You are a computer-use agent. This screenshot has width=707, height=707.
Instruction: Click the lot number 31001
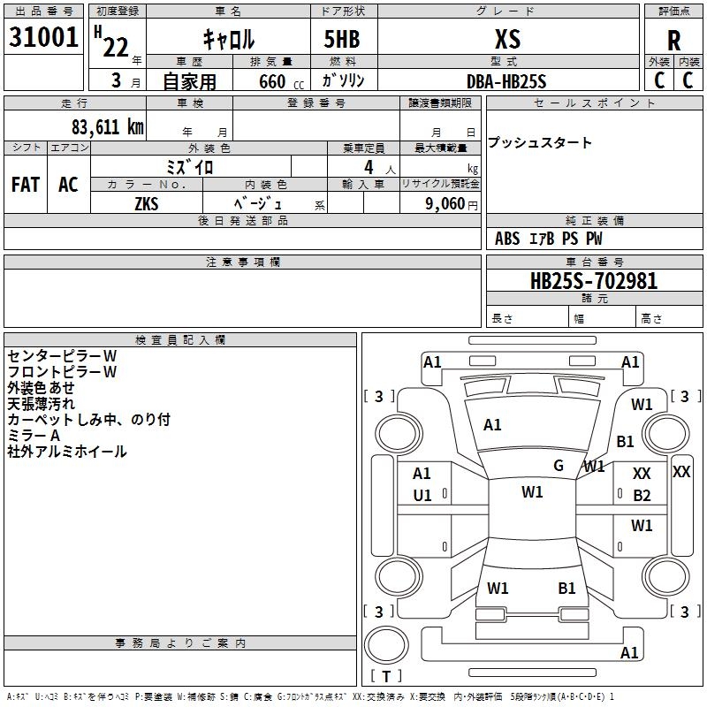click(43, 37)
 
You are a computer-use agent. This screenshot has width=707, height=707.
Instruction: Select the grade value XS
click(508, 39)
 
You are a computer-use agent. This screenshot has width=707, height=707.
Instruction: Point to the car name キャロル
click(228, 39)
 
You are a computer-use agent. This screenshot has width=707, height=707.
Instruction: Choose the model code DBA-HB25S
click(507, 81)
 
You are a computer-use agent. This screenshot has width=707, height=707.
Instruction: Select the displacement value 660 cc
click(273, 81)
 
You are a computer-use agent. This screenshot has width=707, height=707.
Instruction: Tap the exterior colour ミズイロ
click(190, 166)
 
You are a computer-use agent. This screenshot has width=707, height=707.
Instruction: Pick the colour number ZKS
click(147, 203)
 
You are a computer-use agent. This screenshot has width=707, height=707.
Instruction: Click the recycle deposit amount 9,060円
click(451, 203)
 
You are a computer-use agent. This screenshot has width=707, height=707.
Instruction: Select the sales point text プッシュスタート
click(540, 143)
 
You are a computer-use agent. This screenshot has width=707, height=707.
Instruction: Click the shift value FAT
click(26, 185)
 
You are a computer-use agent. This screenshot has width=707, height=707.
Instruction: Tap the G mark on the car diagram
click(559, 466)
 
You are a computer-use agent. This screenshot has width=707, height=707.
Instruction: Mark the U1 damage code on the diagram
click(422, 496)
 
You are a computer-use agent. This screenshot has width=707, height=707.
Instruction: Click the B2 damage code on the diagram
click(642, 496)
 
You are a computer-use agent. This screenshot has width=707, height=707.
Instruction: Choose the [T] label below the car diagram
click(385, 677)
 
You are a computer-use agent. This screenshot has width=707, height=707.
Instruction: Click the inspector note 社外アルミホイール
click(67, 452)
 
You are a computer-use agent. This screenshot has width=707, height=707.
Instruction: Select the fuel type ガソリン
click(344, 81)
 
